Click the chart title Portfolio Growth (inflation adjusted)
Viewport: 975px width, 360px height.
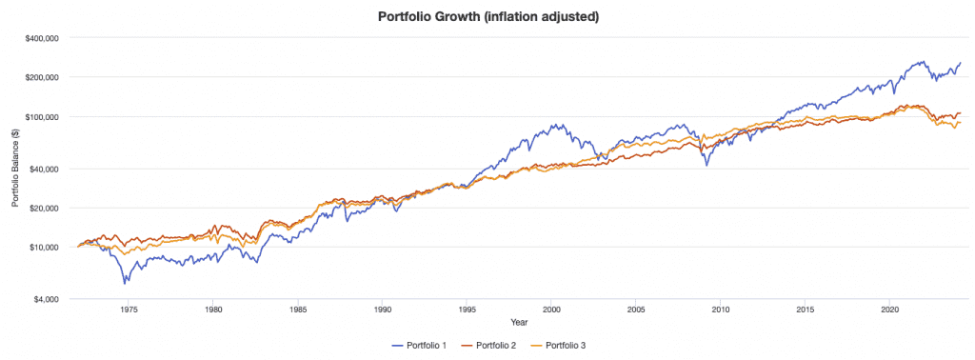[x=488, y=15]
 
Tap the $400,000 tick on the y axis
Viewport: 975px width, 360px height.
[x=42, y=38]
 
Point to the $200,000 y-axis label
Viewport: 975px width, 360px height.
[x=42, y=77]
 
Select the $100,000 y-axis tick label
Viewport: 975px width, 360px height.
[x=42, y=117]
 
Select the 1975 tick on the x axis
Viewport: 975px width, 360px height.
[x=129, y=310]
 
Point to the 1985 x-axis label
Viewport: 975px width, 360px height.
[x=297, y=310]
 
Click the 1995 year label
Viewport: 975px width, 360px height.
[x=467, y=310]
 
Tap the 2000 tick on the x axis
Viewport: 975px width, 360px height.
[x=551, y=310]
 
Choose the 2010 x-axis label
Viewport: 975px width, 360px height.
[x=721, y=310]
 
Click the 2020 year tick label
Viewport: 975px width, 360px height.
[x=889, y=310]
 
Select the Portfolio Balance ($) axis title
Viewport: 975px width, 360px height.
[x=14, y=169]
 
